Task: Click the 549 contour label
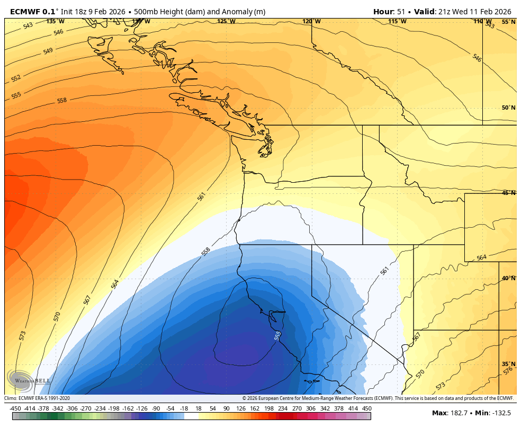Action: [48, 51]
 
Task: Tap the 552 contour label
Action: [16, 78]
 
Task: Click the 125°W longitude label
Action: [226, 21]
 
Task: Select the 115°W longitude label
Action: [397, 21]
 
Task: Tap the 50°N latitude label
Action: [508, 108]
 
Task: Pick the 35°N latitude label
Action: [508, 364]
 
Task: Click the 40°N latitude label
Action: [508, 278]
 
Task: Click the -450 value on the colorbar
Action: [15, 408]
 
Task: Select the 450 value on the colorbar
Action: [366, 408]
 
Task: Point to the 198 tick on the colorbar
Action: [268, 408]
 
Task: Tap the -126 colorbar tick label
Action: [141, 408]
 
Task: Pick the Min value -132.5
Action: [500, 413]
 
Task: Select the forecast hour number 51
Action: [401, 12]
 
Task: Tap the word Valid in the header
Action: [425, 12]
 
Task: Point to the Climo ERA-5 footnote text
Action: [37, 398]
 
